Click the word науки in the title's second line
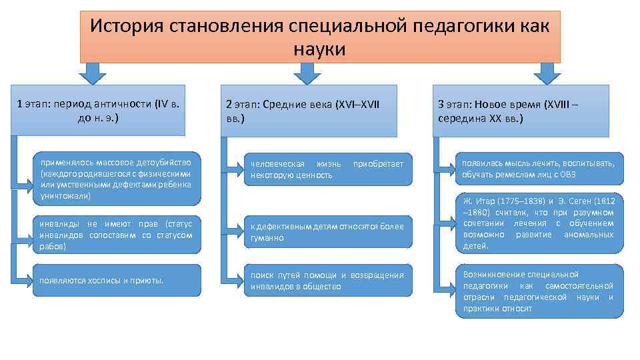coord(319,49)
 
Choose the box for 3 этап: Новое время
coord(521,111)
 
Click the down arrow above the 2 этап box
coord(307,73)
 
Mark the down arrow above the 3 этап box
coord(547,73)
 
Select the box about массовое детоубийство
coord(116,179)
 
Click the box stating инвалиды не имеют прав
coord(116,235)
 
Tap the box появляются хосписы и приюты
coord(116,280)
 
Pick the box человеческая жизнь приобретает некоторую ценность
coord(327,169)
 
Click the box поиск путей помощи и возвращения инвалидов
coord(327,281)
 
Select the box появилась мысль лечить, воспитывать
coord(539,169)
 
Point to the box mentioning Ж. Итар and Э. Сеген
coord(539,223)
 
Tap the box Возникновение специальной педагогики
coord(539,291)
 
